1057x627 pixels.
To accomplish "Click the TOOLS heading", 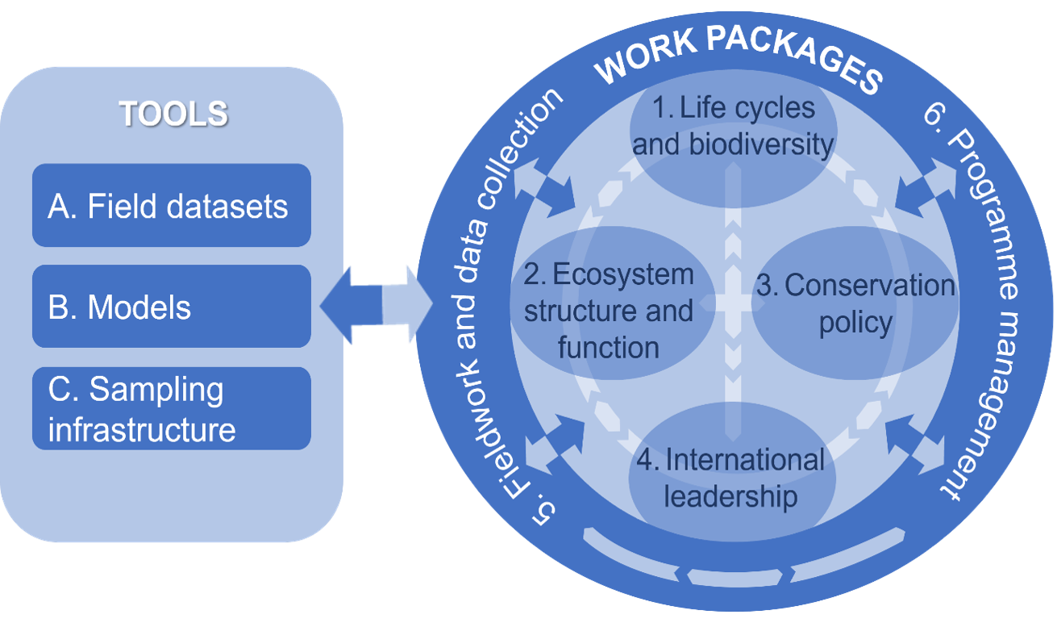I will [173, 114].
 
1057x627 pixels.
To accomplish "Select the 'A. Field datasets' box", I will [171, 206].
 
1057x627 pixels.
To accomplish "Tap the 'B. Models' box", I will [171, 307].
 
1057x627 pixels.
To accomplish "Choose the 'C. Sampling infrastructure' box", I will [171, 408].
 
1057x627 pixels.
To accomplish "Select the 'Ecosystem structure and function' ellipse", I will [609, 311].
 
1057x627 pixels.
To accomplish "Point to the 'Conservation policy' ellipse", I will [855, 303].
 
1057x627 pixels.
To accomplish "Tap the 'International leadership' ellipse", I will [731, 478].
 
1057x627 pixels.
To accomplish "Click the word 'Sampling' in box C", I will [156, 390].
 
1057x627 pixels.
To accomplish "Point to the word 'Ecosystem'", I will [623, 274].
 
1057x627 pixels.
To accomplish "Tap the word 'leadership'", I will [730, 496].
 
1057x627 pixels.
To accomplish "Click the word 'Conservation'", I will [870, 286].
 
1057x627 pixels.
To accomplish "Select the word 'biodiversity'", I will [761, 144].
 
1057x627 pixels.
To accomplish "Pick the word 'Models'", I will [139, 307].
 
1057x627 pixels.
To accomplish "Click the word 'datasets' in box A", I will [229, 207].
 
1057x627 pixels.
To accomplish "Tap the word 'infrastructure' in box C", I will [142, 428].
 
